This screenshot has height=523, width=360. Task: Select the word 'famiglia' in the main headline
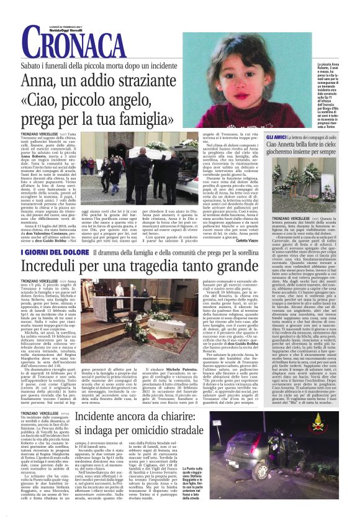tap(137, 118)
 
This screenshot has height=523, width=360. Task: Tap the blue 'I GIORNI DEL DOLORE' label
tap(43, 251)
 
